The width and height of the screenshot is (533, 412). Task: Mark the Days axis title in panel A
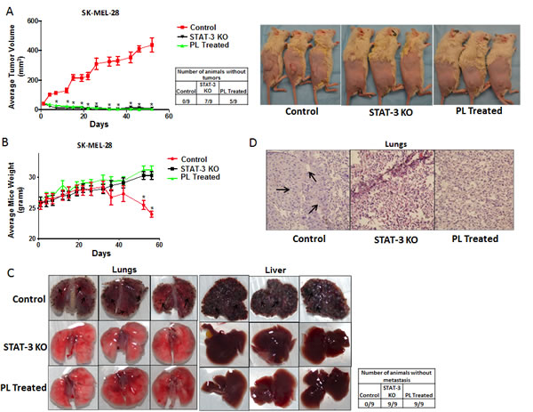click(105, 125)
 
